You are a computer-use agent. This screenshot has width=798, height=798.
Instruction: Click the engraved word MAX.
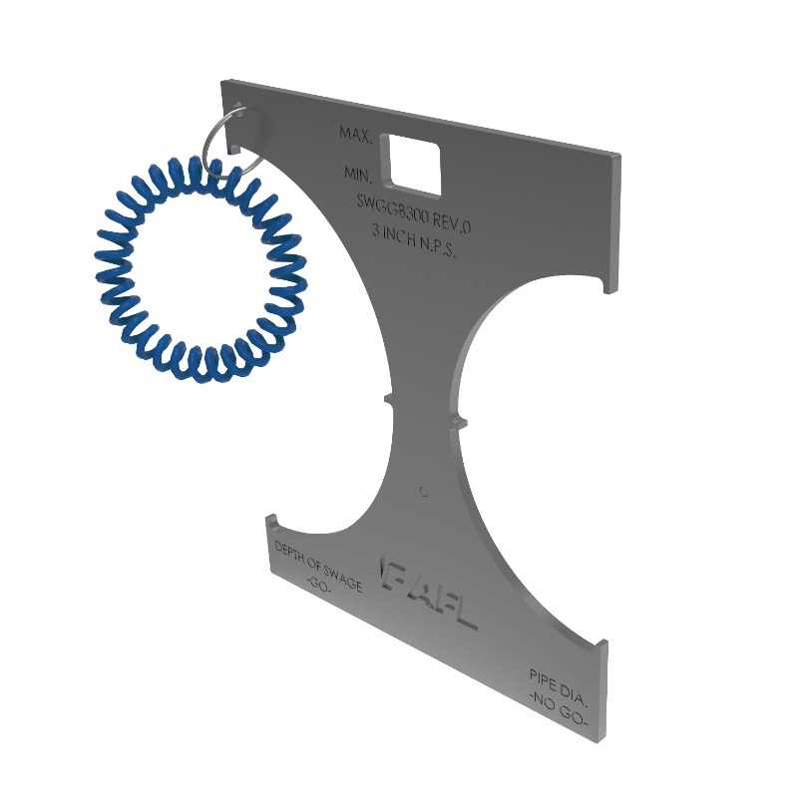pos(356,133)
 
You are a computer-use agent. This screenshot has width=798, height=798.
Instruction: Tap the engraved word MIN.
pos(358,174)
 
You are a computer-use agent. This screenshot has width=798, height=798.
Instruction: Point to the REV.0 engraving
pos(449,212)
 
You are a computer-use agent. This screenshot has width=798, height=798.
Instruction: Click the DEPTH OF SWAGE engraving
pos(319,566)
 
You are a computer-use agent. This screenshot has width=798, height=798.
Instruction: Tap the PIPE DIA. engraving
pos(560,685)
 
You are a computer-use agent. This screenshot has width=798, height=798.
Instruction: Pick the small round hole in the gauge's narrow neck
pos(425,491)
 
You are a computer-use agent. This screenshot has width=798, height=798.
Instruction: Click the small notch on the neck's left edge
pos(390,400)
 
